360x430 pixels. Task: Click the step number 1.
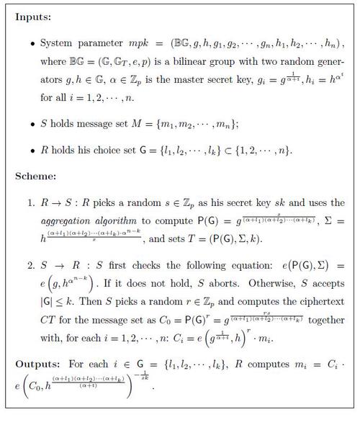pyautogui.click(x=31, y=202)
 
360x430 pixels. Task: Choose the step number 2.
pyautogui.click(x=31, y=265)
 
